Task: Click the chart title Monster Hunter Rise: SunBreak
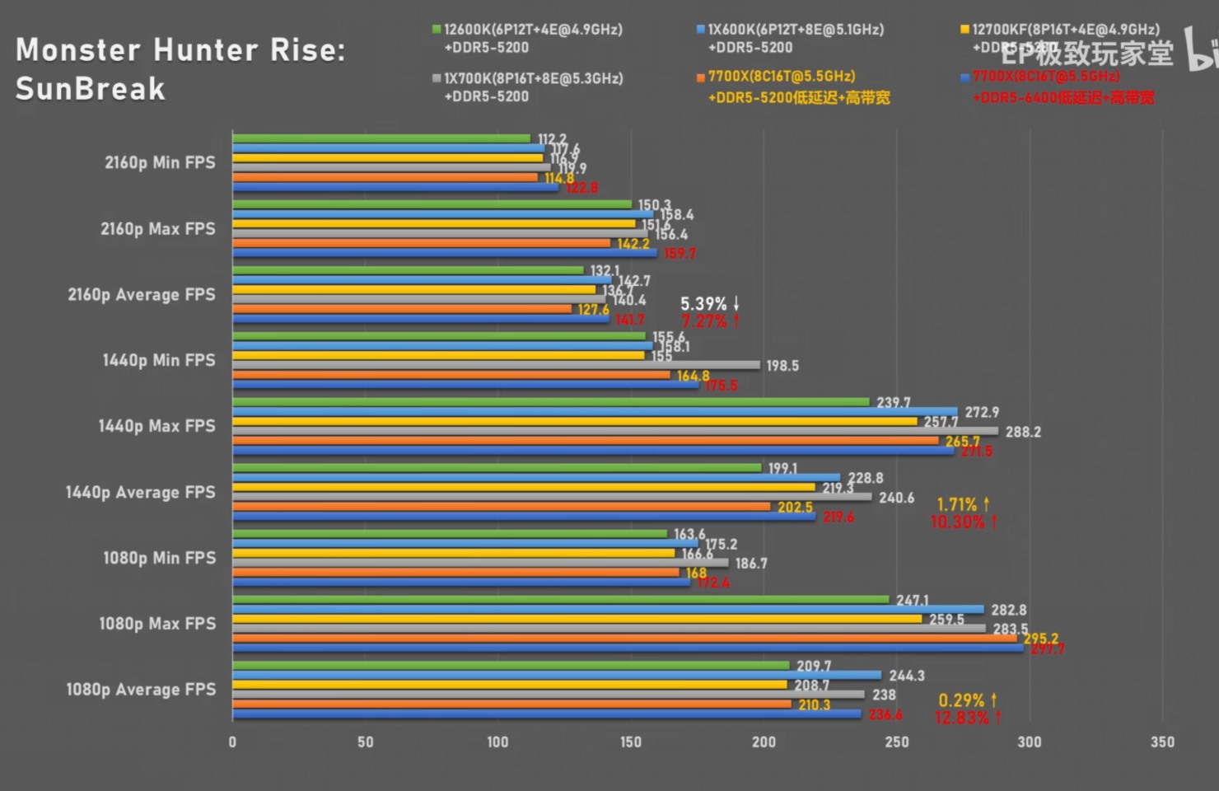pos(180,69)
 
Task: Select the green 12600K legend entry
pos(527,38)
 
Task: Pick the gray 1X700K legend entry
pos(527,87)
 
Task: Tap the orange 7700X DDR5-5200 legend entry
pos(792,87)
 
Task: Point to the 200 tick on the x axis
pos(764,742)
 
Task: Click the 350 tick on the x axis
pos(1162,742)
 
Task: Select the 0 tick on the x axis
pos(232,742)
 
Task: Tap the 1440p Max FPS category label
pos(156,426)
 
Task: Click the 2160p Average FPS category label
pos(141,294)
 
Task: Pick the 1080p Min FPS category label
pos(159,558)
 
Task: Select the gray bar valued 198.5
pos(496,365)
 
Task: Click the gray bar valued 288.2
pos(614,431)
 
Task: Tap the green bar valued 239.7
pos(550,402)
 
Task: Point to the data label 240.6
pos(896,498)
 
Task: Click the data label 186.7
pos(751,564)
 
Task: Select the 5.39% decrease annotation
pos(710,304)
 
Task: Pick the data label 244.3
pos(907,676)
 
